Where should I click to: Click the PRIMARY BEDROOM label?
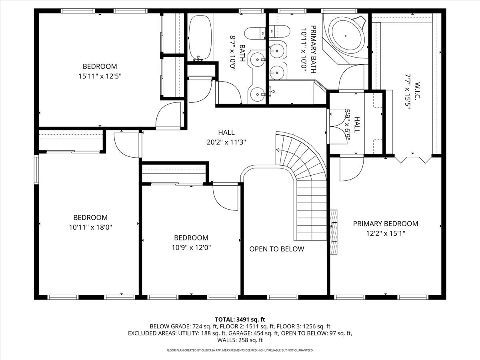(x=386, y=224)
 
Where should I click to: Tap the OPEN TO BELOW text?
(x=277, y=249)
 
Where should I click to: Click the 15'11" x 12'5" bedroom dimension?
(x=100, y=76)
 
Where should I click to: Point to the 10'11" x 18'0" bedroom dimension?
(x=90, y=228)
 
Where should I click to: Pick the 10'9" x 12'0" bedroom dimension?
(x=191, y=248)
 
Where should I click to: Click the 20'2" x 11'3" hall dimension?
(x=226, y=142)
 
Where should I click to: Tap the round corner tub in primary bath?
(x=346, y=36)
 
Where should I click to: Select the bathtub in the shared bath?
(x=200, y=38)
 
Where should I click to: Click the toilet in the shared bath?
(x=255, y=34)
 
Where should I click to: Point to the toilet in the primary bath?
(x=279, y=32)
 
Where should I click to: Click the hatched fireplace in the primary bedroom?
(x=334, y=232)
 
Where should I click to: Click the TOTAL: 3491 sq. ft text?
(x=240, y=320)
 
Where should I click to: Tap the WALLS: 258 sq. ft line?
(x=240, y=340)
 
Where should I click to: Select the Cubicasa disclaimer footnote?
(x=240, y=350)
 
